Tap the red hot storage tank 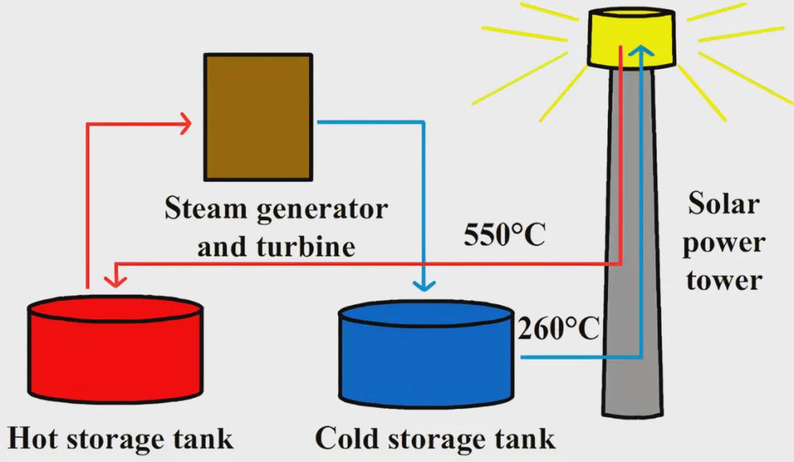click(x=115, y=353)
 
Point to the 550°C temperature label click(x=504, y=235)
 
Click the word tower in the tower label click(x=723, y=280)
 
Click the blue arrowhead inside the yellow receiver click(x=643, y=51)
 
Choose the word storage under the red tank click(x=122, y=439)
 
